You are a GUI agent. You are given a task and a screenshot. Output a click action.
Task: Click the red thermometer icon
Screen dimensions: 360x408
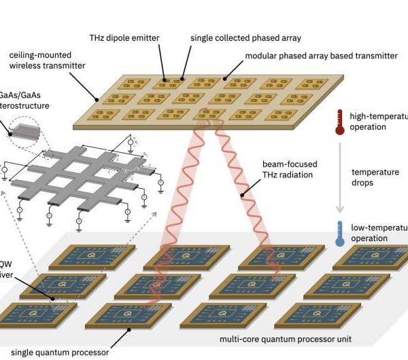(x=339, y=122)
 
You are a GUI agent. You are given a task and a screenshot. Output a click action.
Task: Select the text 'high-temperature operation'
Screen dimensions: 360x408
(x=377, y=122)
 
